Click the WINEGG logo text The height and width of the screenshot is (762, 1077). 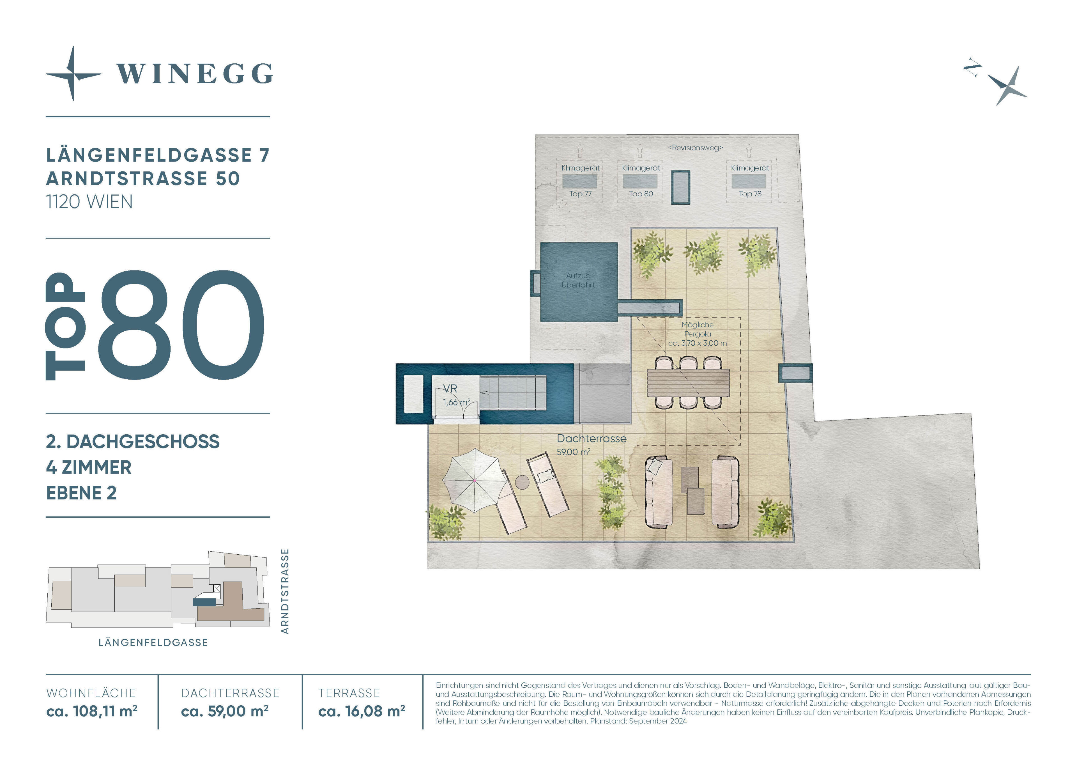point(195,74)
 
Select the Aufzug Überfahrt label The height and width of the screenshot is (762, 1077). point(578,280)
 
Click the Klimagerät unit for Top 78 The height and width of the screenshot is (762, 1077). point(749,181)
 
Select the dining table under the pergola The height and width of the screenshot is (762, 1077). point(688,382)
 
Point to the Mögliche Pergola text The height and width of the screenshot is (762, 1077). point(698,329)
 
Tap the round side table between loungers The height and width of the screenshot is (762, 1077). point(522,482)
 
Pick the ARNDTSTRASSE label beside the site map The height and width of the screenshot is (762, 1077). point(285,592)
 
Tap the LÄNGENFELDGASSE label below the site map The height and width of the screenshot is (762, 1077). point(153,643)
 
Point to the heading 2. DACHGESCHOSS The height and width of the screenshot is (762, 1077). point(133,442)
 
